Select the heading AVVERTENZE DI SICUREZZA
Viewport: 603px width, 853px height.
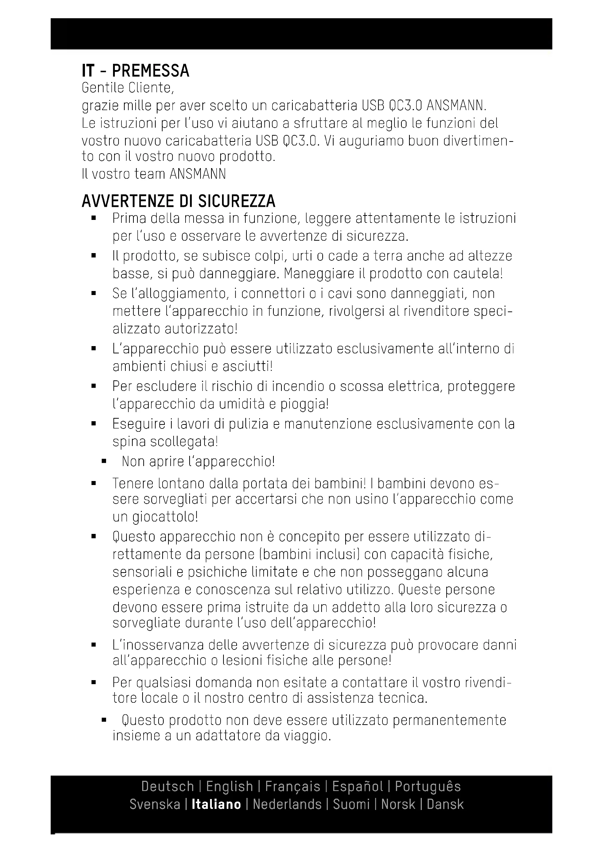(178, 201)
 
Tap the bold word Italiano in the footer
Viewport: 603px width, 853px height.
(216, 804)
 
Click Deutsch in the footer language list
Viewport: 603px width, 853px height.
(167, 787)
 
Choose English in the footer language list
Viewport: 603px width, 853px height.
(229, 787)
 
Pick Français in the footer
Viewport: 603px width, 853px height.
(293, 787)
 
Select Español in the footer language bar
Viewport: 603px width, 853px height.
(357, 787)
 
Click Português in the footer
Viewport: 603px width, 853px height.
(428, 787)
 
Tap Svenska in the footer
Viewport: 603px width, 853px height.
(155, 804)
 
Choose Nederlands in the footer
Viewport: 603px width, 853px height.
(287, 804)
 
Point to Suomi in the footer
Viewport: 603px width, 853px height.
(351, 804)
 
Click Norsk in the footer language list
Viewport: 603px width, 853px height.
(398, 804)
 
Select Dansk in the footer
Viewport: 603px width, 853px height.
(445, 804)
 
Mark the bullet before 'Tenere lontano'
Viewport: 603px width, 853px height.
(94, 484)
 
